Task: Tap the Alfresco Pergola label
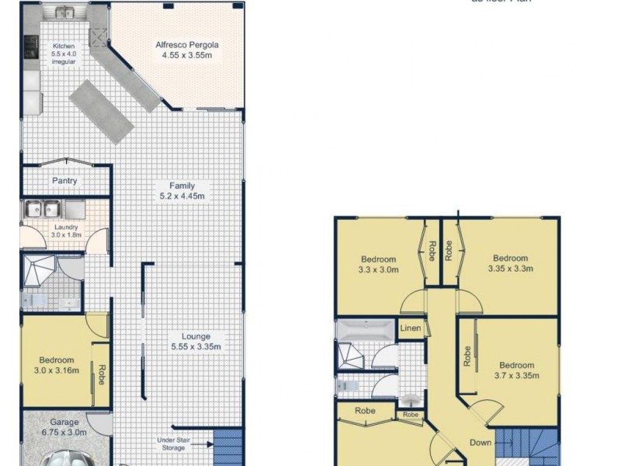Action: [x=186, y=45]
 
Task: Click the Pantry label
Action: [x=64, y=181]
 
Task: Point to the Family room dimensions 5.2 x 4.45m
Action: [x=182, y=196]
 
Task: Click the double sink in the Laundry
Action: [x=43, y=209]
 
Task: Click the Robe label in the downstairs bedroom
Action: [x=101, y=376]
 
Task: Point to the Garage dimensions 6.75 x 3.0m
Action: [x=65, y=432]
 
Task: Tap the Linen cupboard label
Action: [x=411, y=329]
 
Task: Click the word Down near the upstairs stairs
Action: [x=480, y=442]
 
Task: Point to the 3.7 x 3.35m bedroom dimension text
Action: [x=516, y=376]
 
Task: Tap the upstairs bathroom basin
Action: [x=412, y=400]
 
